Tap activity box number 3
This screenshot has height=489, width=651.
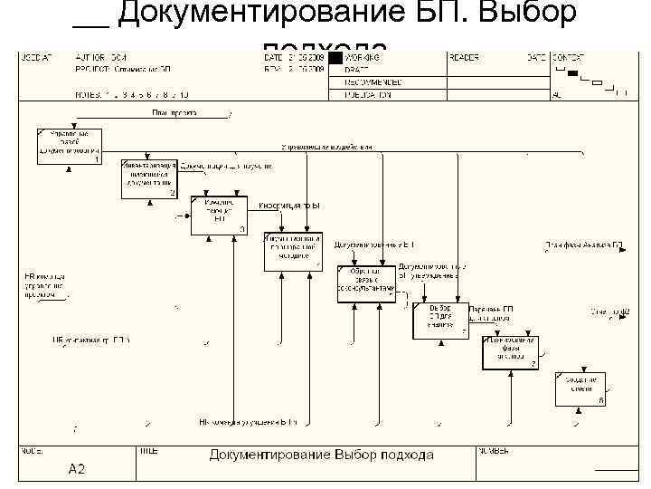[x=218, y=215]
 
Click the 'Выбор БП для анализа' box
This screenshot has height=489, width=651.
[x=440, y=321]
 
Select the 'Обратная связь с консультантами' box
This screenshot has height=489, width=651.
[x=365, y=283]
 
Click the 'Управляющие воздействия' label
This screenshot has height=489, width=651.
[x=325, y=146]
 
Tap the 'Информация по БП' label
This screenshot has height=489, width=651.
[x=289, y=206]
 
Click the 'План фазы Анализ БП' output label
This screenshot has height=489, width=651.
[x=583, y=244]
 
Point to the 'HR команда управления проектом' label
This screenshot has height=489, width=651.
[x=44, y=285]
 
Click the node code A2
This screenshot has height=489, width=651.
[x=77, y=469]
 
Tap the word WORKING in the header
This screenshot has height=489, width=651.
[x=362, y=57]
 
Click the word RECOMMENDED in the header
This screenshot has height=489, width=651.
[x=373, y=81]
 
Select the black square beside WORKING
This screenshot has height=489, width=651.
[x=335, y=58]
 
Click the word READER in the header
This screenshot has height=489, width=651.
[x=463, y=57]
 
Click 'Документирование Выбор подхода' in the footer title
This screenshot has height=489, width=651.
[x=321, y=455]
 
